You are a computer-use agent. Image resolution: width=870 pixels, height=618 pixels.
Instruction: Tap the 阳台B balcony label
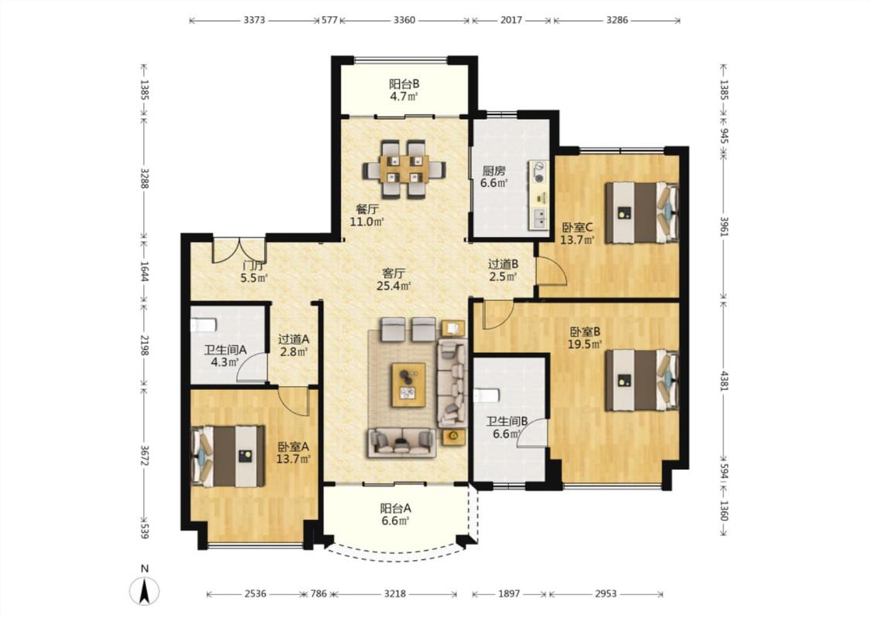pyautogui.click(x=404, y=84)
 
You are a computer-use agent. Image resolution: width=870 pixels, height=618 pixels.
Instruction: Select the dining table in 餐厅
pyautogui.click(x=404, y=169)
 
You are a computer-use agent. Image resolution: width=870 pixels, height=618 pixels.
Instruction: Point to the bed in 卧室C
pyautogui.click(x=641, y=213)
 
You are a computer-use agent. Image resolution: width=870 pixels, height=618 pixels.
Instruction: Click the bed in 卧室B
pyautogui.click(x=641, y=379)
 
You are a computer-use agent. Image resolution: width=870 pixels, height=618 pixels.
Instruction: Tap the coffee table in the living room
pyautogui.click(x=408, y=385)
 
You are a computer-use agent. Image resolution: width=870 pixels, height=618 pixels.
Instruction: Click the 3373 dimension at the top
pyautogui.click(x=254, y=20)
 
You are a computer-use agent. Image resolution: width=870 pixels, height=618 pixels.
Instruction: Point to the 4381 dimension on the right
pyautogui.click(x=724, y=379)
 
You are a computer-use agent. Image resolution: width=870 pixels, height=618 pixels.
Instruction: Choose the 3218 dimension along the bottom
pyautogui.click(x=394, y=593)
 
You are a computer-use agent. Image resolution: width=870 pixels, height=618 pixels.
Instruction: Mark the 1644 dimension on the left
pyautogui.click(x=145, y=272)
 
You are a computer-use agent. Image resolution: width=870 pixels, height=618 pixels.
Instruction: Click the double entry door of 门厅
pyautogui.click(x=239, y=250)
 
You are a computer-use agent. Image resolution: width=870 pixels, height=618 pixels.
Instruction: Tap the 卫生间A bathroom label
pyautogui.click(x=225, y=350)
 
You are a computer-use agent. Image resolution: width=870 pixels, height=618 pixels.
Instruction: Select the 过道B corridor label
pyautogui.click(x=503, y=264)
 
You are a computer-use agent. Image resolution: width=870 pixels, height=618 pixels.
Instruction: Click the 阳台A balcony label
pyautogui.click(x=396, y=508)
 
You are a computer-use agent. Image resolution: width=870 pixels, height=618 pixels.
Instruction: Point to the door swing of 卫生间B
pyautogui.click(x=533, y=433)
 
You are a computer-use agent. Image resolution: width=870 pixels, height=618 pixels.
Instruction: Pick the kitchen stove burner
pyautogui.click(x=538, y=171)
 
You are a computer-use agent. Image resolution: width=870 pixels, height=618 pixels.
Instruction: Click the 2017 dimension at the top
pyautogui.click(x=511, y=20)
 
